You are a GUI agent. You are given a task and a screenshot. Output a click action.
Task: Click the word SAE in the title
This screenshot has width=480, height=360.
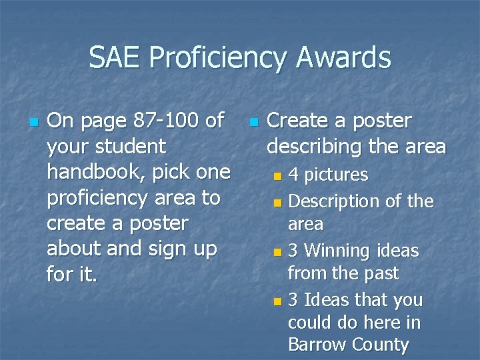tap(115, 57)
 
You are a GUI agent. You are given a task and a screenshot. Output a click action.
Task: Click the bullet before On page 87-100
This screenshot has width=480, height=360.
tap(33, 122)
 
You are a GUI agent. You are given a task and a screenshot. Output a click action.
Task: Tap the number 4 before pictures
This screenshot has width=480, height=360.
tap(293, 175)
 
